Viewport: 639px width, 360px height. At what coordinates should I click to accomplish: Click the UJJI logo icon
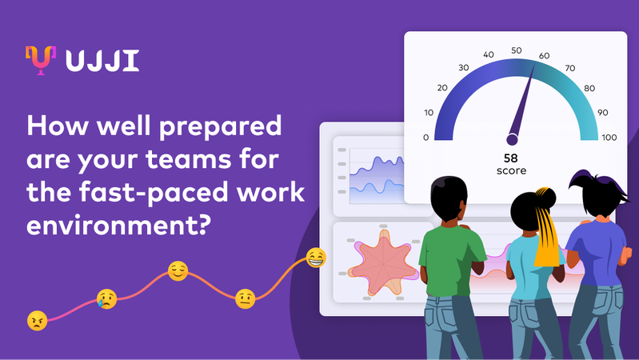pyautogui.click(x=40, y=60)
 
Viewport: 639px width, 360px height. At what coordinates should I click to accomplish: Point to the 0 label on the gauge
pyautogui.click(x=425, y=138)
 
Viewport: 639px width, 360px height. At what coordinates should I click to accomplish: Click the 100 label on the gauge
pyautogui.click(x=609, y=138)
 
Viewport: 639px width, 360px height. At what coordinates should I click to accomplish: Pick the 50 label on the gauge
pyautogui.click(x=517, y=50)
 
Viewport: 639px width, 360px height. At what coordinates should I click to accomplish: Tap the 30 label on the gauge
pyautogui.click(x=463, y=68)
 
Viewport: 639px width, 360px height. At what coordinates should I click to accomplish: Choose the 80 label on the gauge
pyautogui.click(x=589, y=88)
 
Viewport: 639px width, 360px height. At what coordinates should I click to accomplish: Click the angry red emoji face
pyautogui.click(x=37, y=321)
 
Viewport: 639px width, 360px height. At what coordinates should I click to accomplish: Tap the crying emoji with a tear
pyautogui.click(x=106, y=299)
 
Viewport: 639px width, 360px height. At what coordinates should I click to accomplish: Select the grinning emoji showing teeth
pyautogui.click(x=316, y=258)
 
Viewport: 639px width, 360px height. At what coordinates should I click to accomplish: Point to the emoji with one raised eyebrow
pyautogui.click(x=246, y=299)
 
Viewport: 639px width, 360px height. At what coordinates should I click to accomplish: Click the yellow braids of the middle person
pyautogui.click(x=546, y=232)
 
